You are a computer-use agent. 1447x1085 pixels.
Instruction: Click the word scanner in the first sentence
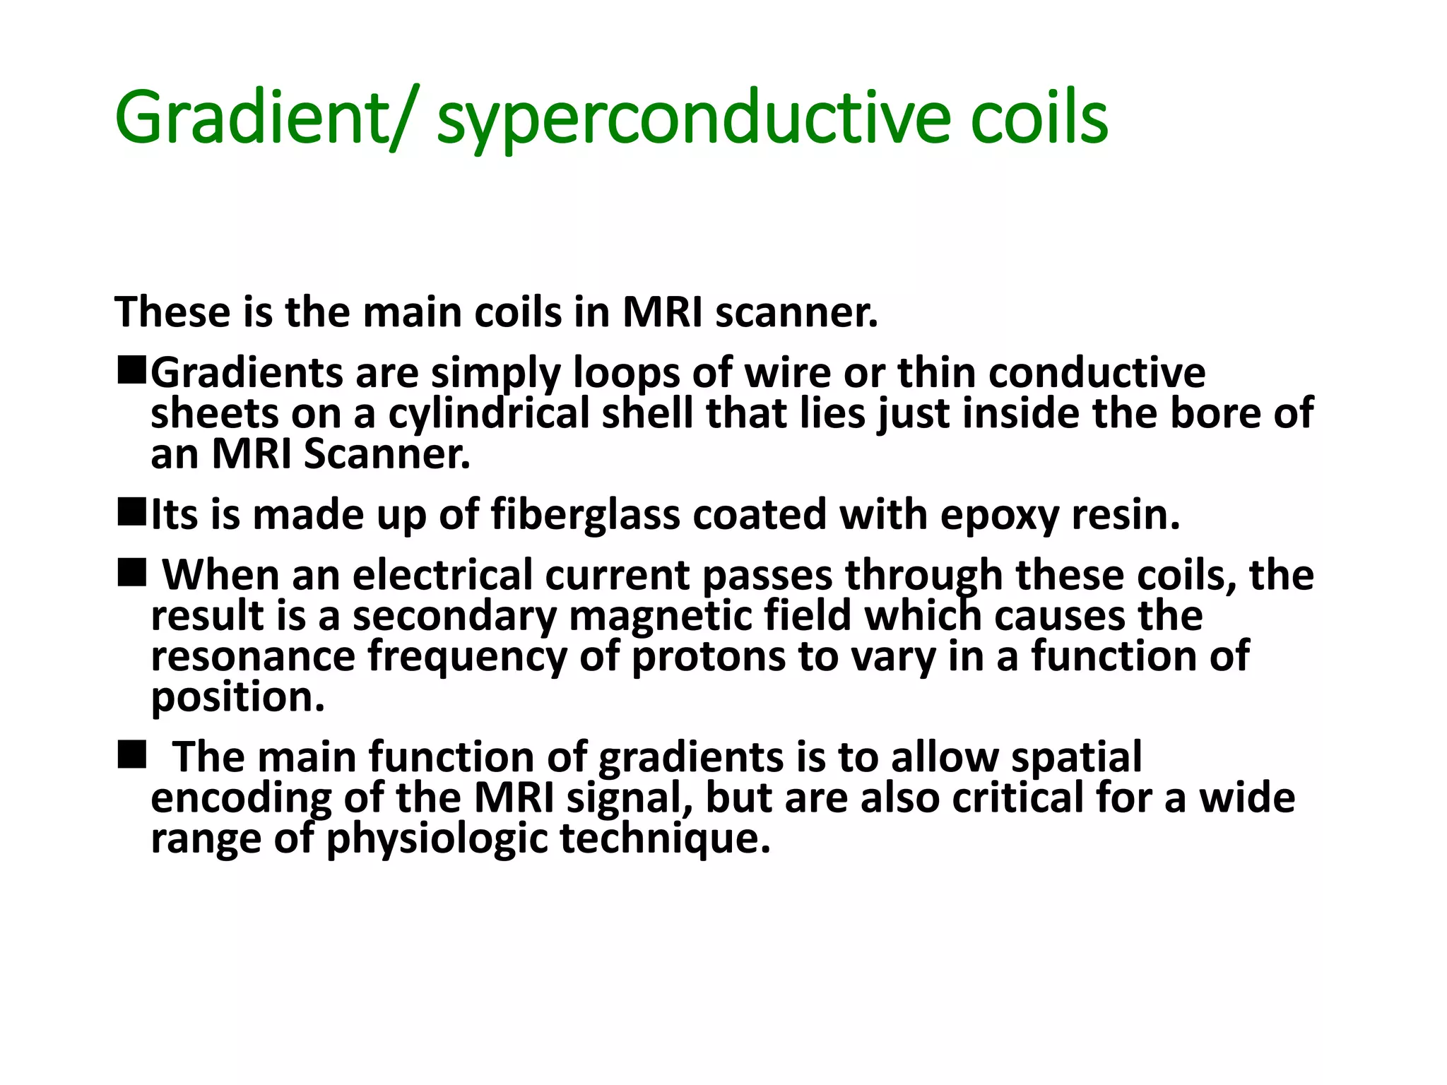click(x=796, y=313)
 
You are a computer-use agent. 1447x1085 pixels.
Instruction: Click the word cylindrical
click(x=488, y=414)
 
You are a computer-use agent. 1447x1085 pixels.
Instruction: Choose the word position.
click(x=237, y=698)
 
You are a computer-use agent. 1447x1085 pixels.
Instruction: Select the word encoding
click(x=241, y=798)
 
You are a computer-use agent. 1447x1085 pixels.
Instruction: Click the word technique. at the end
click(x=664, y=839)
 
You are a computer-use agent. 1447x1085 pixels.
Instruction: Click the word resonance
click(x=252, y=657)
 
